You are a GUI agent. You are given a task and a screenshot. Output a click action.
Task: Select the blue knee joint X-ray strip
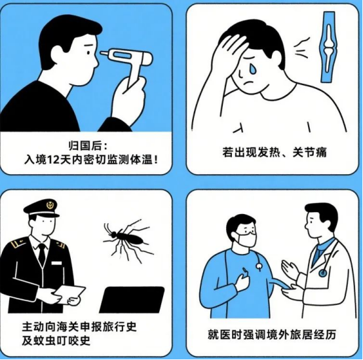click(x=328, y=47)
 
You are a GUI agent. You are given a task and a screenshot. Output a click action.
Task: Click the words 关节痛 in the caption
click(x=310, y=153)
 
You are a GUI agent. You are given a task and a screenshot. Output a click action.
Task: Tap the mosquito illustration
click(x=127, y=240)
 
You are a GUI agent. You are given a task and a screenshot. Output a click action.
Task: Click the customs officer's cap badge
click(x=50, y=205)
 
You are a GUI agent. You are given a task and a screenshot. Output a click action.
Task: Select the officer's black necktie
click(x=42, y=255)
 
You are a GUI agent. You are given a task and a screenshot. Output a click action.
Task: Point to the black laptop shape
click(x=132, y=300)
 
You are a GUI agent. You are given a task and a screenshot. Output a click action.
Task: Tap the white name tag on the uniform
click(x=56, y=263)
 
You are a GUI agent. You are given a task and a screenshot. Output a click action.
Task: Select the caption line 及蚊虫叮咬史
click(x=56, y=340)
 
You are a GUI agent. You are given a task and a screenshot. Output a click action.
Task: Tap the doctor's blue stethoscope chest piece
click(x=322, y=274)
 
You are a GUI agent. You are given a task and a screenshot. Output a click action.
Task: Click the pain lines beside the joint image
click(x=301, y=48)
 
